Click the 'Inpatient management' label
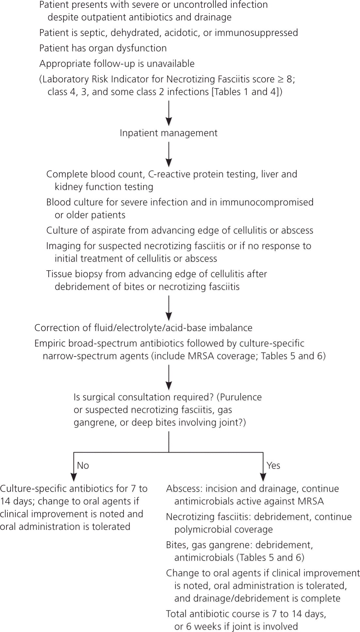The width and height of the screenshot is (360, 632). pyautogui.click(x=169, y=133)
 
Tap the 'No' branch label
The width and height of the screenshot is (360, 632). pyautogui.click(x=83, y=465)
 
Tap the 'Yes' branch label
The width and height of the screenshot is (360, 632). pyautogui.click(x=273, y=465)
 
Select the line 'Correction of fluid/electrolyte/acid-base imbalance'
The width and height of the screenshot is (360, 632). pyautogui.click(x=143, y=328)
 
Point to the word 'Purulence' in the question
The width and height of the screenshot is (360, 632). pyautogui.click(x=241, y=397)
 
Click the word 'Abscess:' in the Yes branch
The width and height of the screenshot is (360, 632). pyautogui.click(x=182, y=489)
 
